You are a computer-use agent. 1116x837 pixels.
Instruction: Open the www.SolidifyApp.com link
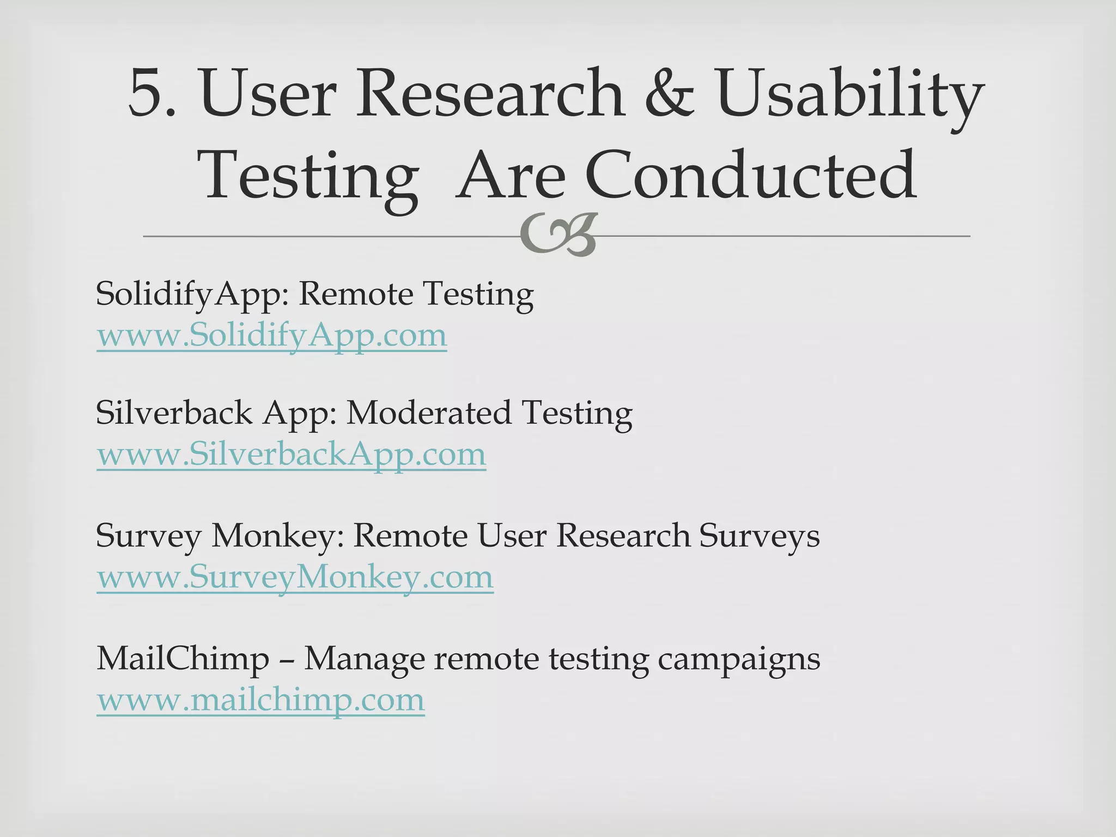point(271,336)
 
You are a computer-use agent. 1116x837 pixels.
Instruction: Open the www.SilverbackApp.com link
point(291,455)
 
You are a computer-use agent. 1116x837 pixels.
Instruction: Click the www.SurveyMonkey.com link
point(295,578)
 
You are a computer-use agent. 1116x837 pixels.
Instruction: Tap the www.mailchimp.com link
point(260,700)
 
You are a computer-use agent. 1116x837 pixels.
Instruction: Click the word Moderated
point(428,413)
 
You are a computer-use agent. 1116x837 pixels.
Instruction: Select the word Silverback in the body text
point(174,413)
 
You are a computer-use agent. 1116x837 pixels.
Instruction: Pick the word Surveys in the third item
point(759,536)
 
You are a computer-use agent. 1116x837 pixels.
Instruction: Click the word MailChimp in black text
point(183,659)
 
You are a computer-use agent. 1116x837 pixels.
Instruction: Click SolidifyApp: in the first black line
point(193,295)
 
